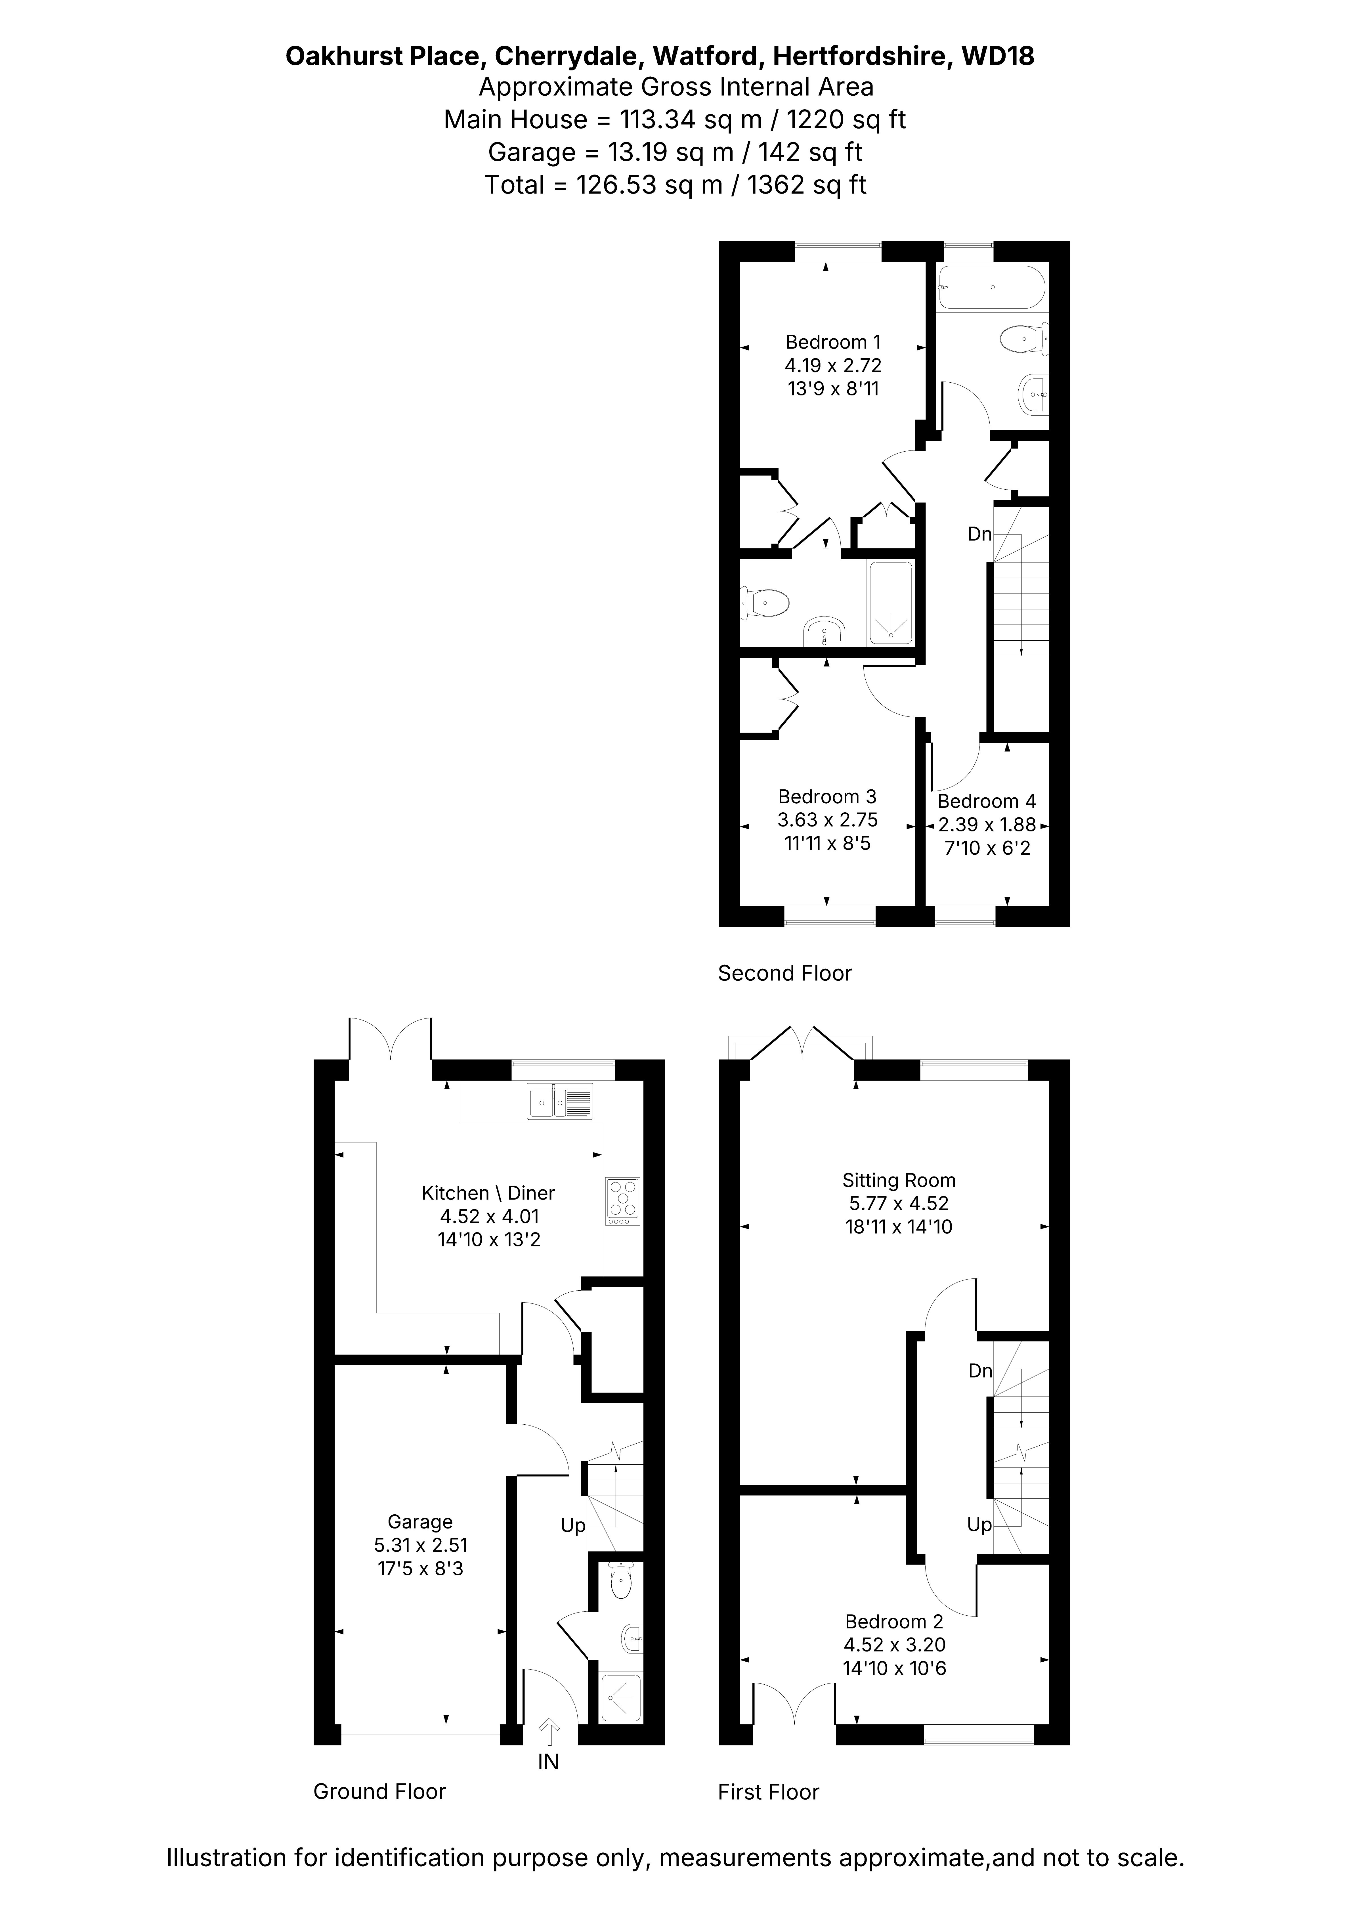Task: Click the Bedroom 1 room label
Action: click(833, 342)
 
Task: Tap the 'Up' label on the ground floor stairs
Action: click(573, 1526)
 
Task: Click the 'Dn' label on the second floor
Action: click(979, 534)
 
